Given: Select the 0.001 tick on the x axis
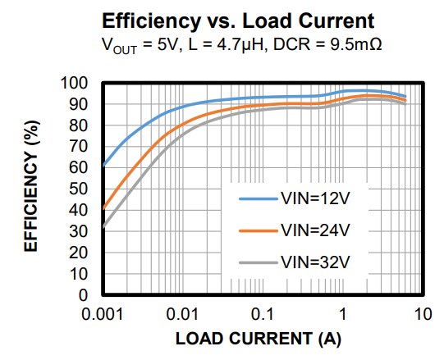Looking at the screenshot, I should pos(103,313).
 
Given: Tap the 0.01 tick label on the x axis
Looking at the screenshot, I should pos(182,313).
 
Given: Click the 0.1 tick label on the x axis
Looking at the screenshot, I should pos(263,313).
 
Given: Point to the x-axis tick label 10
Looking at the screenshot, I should pos(423,313).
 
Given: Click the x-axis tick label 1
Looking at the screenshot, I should pos(343,313).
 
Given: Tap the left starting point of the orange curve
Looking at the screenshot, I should pos(103,208).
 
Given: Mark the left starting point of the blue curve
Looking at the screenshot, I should pos(103,166).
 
